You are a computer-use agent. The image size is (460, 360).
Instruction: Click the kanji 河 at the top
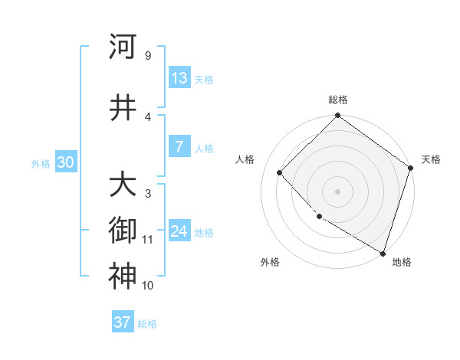(x=123, y=47)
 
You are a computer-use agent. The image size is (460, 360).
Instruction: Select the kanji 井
(x=123, y=108)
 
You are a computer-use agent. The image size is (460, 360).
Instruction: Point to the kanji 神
(x=123, y=276)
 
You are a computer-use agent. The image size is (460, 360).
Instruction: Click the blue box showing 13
(x=179, y=78)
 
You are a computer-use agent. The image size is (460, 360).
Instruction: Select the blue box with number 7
(x=179, y=147)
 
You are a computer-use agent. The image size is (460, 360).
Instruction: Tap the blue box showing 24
(x=179, y=231)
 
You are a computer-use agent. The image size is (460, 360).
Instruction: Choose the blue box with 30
(x=66, y=162)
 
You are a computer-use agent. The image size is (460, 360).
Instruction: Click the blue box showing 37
(x=123, y=322)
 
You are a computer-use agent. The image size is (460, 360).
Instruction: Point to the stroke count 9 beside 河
(x=147, y=56)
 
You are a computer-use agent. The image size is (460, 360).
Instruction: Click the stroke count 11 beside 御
(x=147, y=240)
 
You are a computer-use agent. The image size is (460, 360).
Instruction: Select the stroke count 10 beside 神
(x=147, y=286)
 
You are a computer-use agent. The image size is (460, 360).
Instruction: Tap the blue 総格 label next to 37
(x=147, y=324)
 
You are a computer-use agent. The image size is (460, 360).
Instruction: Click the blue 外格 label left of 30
(x=41, y=163)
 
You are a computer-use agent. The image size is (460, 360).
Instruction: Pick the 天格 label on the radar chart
(x=431, y=159)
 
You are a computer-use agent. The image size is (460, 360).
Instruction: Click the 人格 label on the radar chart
(x=245, y=159)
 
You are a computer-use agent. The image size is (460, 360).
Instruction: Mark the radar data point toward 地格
(x=383, y=252)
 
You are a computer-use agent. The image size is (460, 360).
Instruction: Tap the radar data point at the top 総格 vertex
(x=337, y=116)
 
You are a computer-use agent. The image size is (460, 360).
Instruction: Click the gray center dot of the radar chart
(x=337, y=191)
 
